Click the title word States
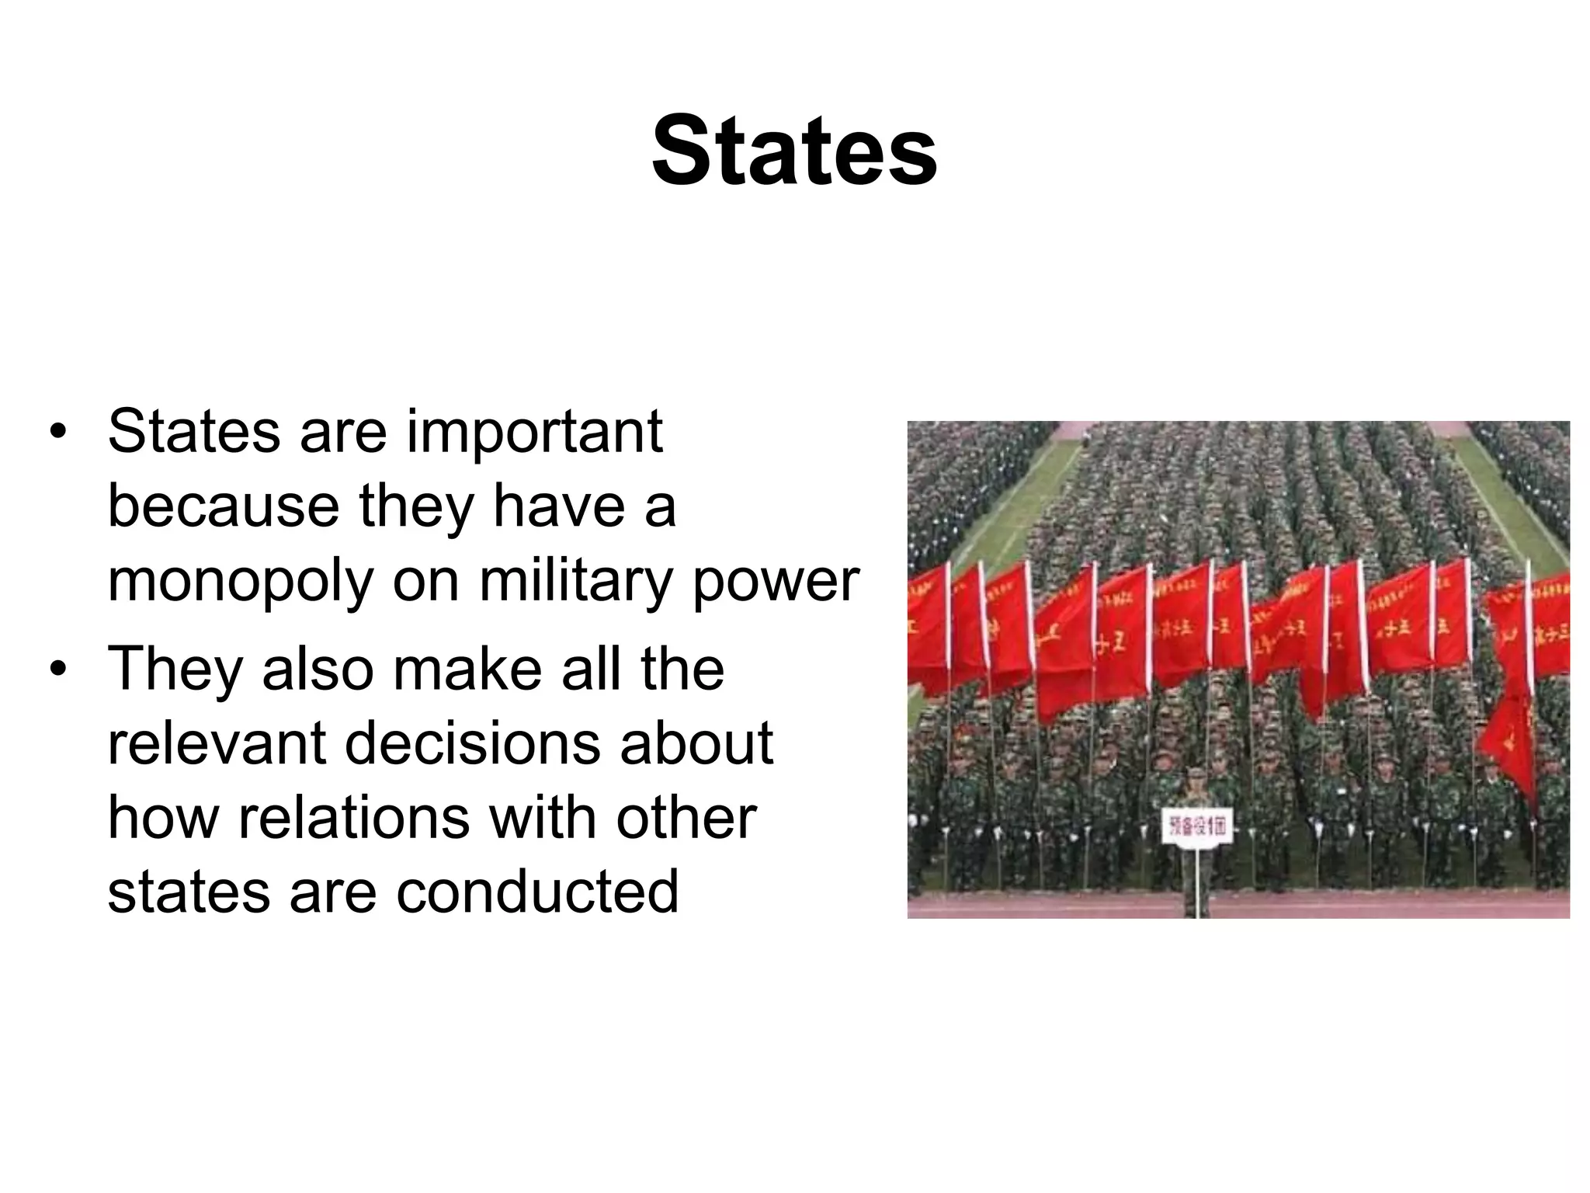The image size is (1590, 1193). (x=794, y=151)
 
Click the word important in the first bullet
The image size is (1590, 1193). (x=534, y=432)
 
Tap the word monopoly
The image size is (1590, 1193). (x=241, y=582)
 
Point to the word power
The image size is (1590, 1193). (x=776, y=582)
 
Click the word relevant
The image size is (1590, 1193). (x=217, y=743)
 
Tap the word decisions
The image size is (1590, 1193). (x=471, y=743)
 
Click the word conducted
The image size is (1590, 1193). (x=537, y=892)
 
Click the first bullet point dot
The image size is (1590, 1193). (x=57, y=432)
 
